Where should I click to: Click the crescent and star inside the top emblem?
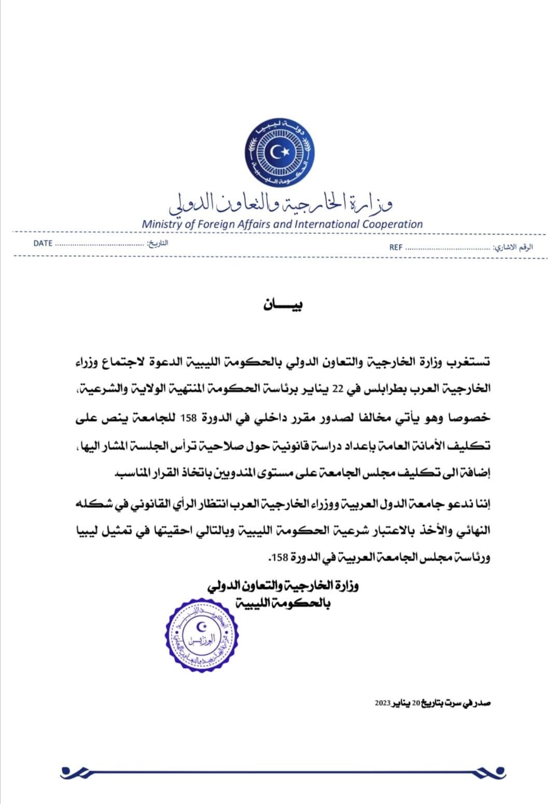coord(281,151)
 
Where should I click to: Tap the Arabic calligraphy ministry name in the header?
coord(281,203)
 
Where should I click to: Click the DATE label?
coord(43,243)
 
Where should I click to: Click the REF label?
coord(396,247)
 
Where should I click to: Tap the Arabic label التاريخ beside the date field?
coord(158,243)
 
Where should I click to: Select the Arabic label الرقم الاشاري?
coord(514,247)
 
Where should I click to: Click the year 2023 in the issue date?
coord(384,703)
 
